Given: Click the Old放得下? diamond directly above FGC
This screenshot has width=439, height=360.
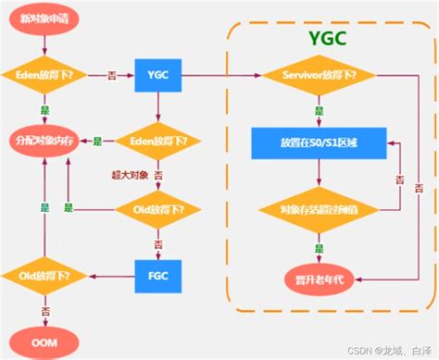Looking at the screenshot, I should click(157, 210).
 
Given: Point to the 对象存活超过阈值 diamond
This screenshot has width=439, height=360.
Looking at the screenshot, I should click(320, 210).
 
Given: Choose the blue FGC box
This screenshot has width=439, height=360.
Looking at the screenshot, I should click(157, 275).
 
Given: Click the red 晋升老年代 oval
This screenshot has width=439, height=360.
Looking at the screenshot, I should click(320, 275).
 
